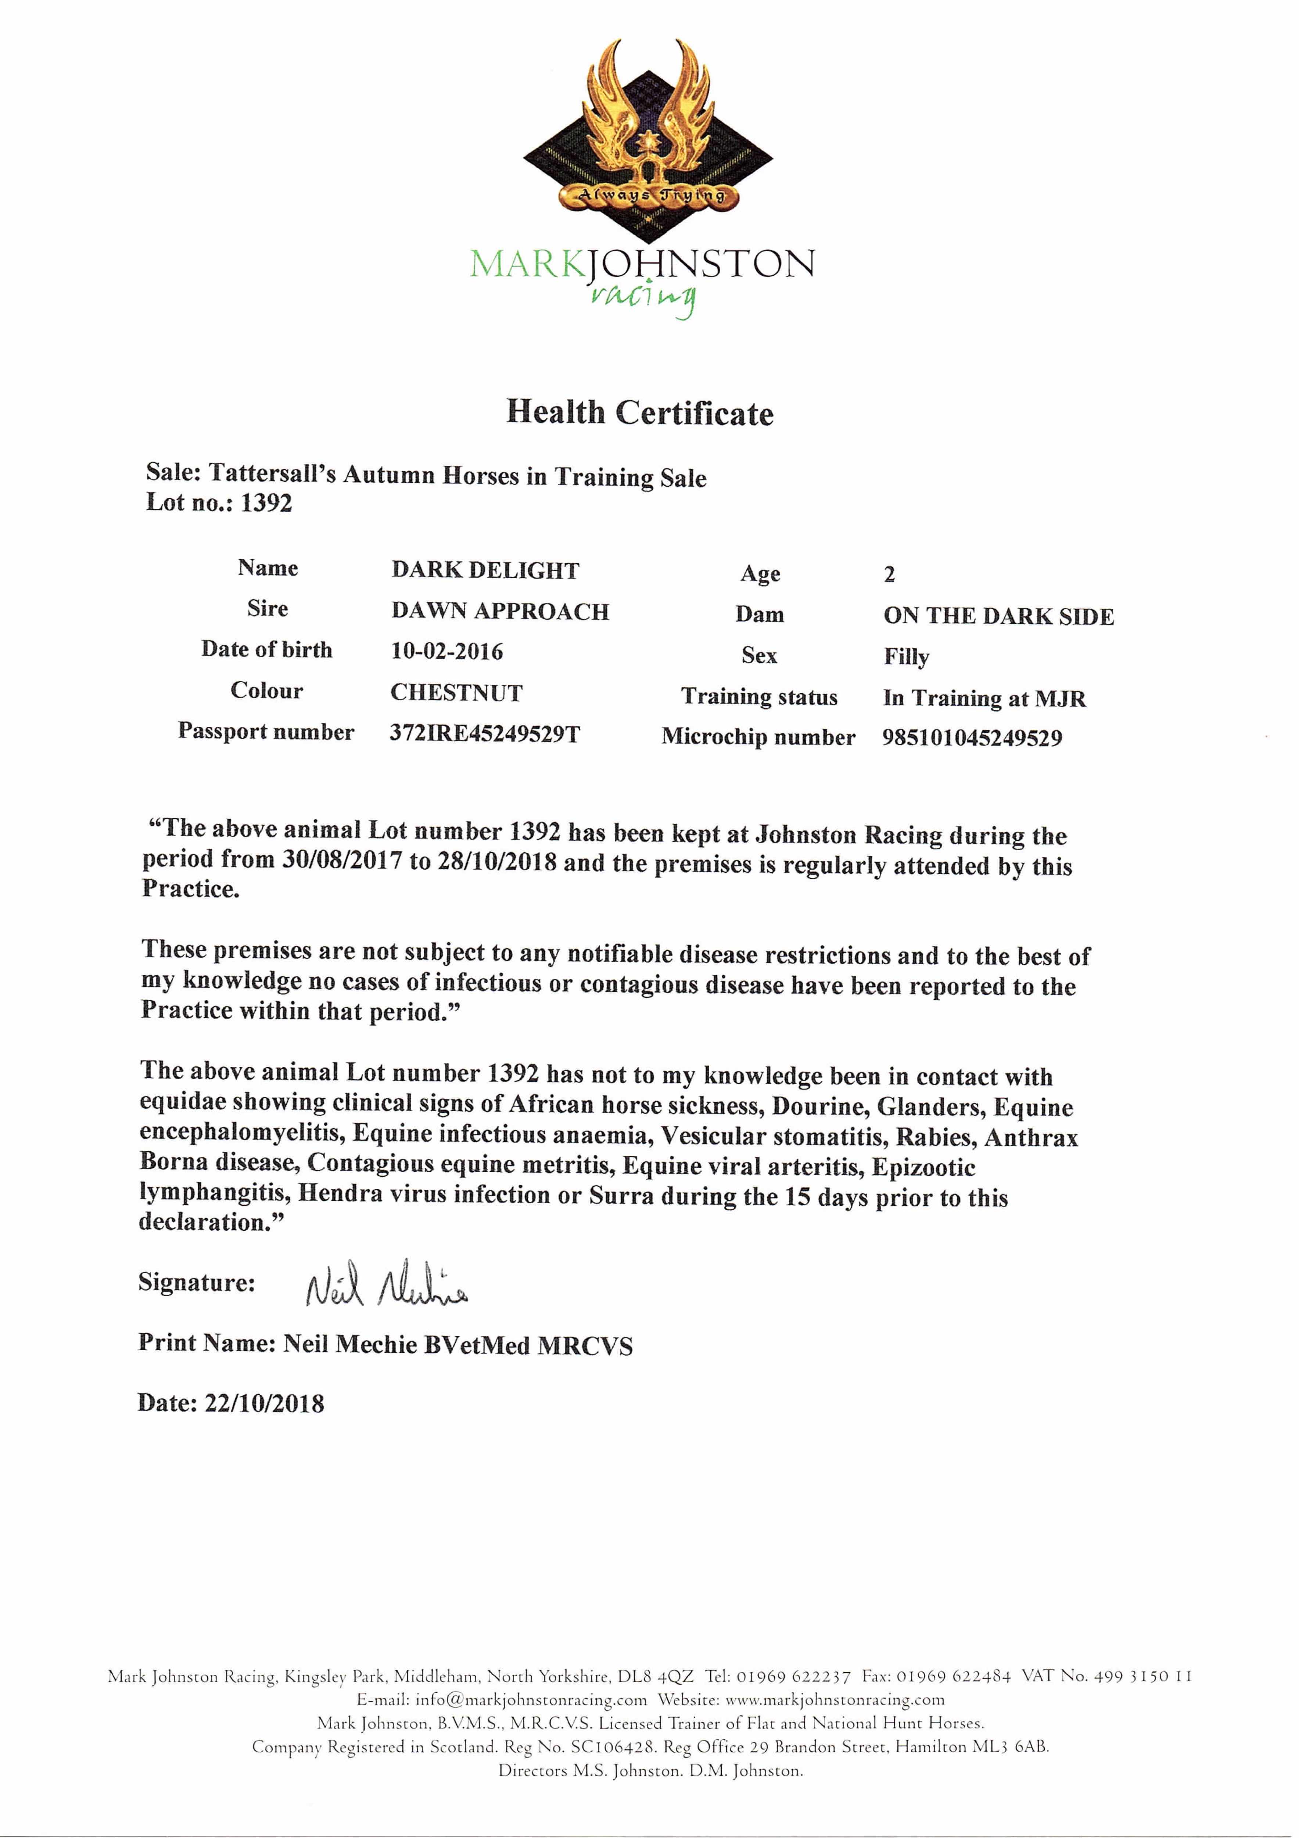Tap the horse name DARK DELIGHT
(x=485, y=571)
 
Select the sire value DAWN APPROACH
(x=500, y=612)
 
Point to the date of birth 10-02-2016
(x=446, y=652)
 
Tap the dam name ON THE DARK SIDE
(x=998, y=616)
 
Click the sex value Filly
(x=906, y=657)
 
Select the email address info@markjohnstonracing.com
(x=531, y=1699)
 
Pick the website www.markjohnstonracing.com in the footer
(x=835, y=1699)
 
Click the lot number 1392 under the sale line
(x=266, y=504)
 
